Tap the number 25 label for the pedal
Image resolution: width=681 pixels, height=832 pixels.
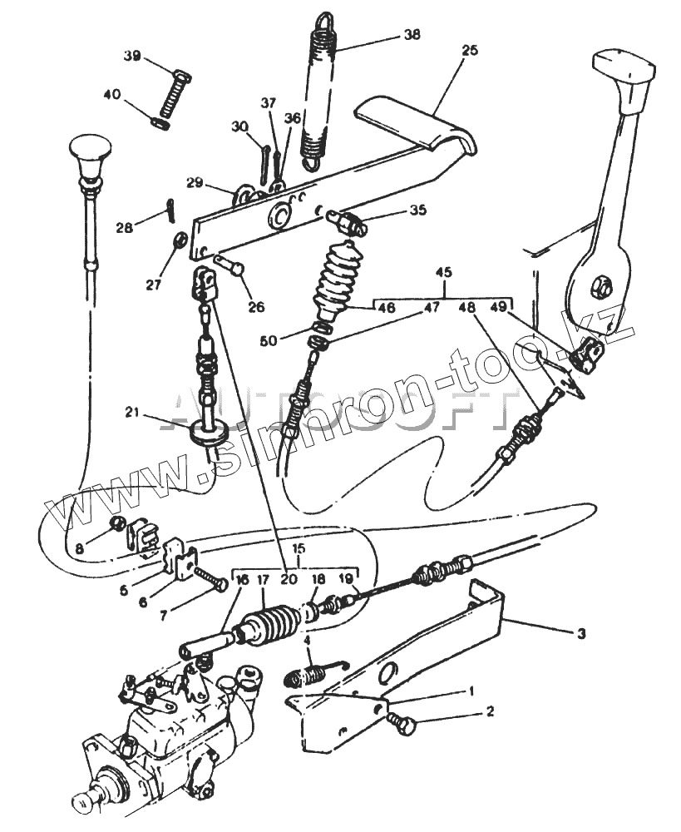click(x=469, y=50)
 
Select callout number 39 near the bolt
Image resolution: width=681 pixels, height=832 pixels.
click(x=132, y=56)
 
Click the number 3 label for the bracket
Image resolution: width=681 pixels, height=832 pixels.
click(x=580, y=633)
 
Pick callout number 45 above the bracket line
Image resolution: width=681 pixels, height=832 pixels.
click(x=444, y=272)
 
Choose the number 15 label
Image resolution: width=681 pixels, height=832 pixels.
click(x=299, y=549)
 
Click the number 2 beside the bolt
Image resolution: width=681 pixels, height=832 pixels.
click(x=490, y=711)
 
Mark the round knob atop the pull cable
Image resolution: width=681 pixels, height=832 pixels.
click(x=90, y=150)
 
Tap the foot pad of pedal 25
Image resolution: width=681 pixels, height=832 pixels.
click(x=416, y=125)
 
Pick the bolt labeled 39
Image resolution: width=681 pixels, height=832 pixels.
click(x=173, y=97)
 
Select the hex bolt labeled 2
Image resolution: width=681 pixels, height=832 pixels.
click(x=402, y=726)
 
